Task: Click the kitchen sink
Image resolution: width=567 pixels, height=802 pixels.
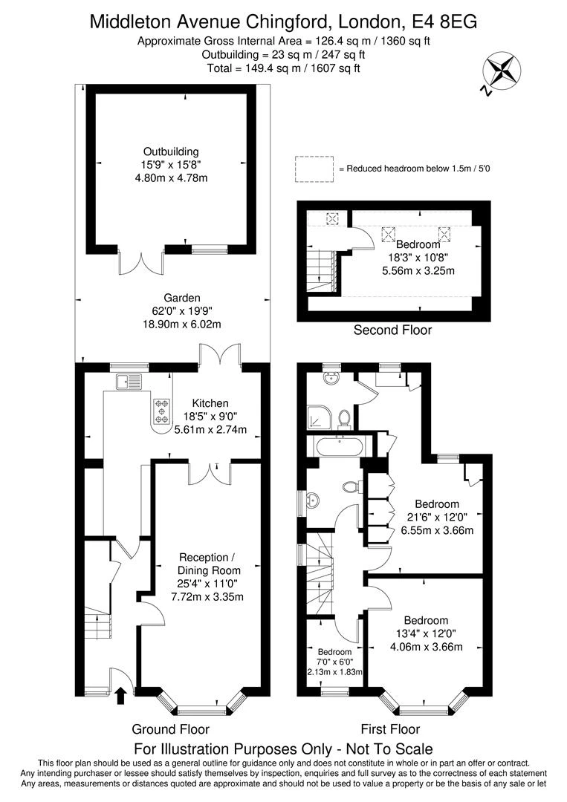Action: [128, 382]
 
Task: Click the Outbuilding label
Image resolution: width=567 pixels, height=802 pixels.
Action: [171, 151]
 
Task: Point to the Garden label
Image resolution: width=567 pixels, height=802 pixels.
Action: [171, 297]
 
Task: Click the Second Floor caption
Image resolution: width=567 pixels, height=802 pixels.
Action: [392, 330]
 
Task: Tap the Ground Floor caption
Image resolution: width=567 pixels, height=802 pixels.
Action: [170, 729]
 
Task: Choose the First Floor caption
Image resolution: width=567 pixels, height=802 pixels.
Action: [390, 729]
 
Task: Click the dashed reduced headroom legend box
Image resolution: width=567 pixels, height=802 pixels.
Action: [314, 169]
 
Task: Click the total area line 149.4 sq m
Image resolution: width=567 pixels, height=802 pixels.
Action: [283, 68]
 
